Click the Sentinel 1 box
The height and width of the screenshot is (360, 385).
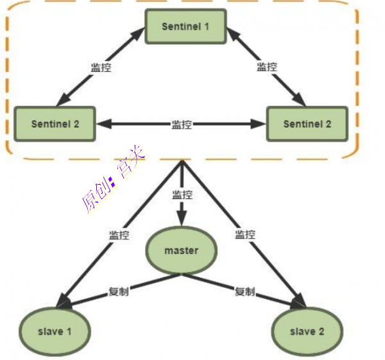click(x=185, y=26)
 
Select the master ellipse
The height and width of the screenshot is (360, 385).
click(x=181, y=250)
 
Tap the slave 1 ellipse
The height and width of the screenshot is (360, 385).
click(x=54, y=331)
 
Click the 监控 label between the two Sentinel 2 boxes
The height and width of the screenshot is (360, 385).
click(x=182, y=124)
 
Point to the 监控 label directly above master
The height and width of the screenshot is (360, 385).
click(x=182, y=194)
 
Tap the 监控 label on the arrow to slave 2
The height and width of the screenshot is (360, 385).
click(x=244, y=234)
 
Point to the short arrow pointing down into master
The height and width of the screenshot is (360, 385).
click(x=182, y=212)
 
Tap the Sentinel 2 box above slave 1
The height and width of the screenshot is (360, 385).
click(x=55, y=124)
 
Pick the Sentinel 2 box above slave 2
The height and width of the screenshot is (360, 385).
click(x=307, y=124)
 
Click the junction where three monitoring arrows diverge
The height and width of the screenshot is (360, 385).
click(x=182, y=162)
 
